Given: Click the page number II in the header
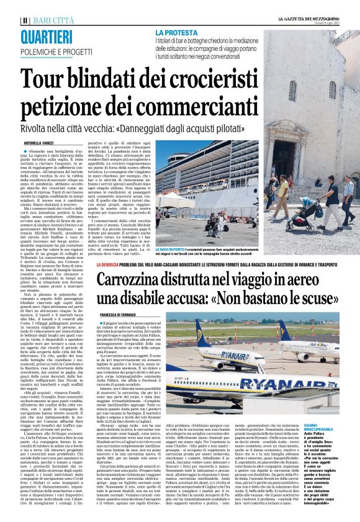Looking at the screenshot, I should (x=24, y=20).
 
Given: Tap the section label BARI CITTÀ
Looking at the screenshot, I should (x=48, y=20).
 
